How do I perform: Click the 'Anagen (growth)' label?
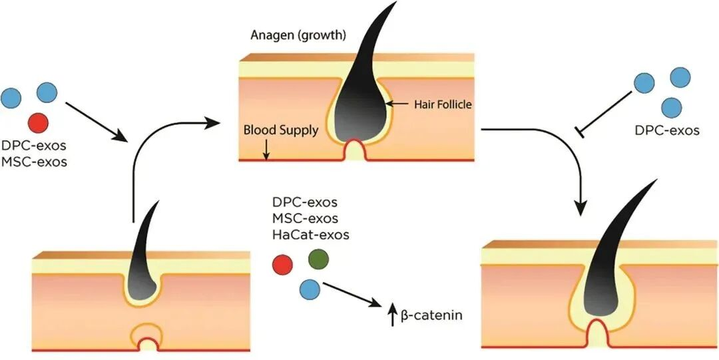pyautogui.click(x=298, y=35)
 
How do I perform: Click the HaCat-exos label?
pyautogui.click(x=311, y=234)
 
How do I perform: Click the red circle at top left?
pyautogui.click(x=39, y=122)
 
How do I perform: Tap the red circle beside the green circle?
pyautogui.click(x=283, y=266)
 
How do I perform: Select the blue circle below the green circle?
pyautogui.click(x=310, y=289)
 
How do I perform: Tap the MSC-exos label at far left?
pyautogui.click(x=34, y=160)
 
